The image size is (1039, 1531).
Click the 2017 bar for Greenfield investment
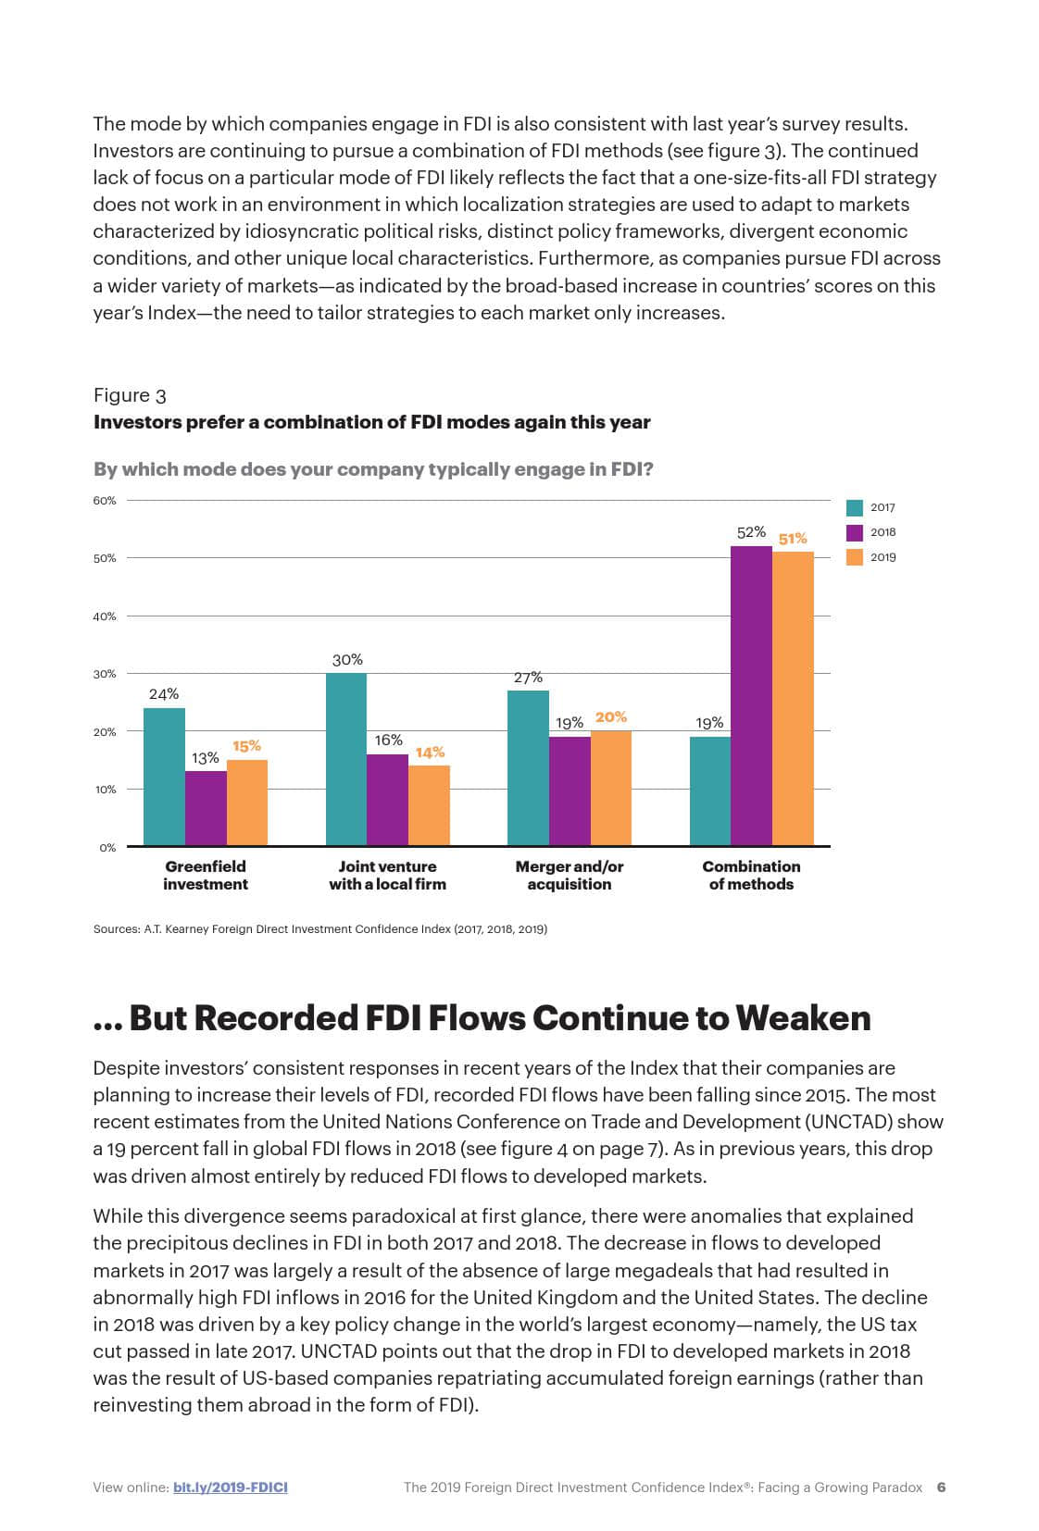click(x=164, y=777)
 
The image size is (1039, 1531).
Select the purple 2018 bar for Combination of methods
click(x=751, y=695)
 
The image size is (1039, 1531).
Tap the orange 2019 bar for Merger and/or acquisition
click(x=611, y=788)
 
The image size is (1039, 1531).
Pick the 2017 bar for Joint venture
click(x=346, y=759)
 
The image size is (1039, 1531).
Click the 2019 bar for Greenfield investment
click(x=247, y=803)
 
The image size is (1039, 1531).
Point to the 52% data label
click(x=751, y=532)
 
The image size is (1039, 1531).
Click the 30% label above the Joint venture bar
click(x=347, y=660)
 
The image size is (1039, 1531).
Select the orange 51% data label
click(x=793, y=539)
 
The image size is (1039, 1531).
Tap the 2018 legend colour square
click(x=855, y=532)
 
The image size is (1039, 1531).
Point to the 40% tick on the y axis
click(x=105, y=616)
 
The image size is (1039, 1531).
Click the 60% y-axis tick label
click(x=105, y=501)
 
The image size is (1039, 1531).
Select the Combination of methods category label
click(x=751, y=875)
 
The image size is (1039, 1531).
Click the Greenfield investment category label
click(x=206, y=875)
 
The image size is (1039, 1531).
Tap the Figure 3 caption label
click(x=130, y=395)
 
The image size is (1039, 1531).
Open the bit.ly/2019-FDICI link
click(x=230, y=1487)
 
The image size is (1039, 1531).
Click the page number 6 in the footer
click(x=941, y=1487)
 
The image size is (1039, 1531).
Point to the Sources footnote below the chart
click(x=319, y=928)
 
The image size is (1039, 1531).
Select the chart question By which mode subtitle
click(x=373, y=469)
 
